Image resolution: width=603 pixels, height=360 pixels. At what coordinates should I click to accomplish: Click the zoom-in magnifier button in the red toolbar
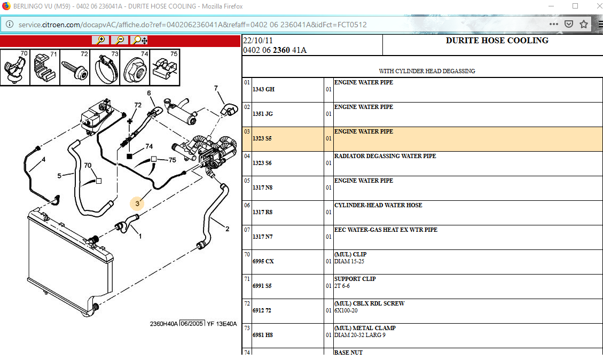[100, 41]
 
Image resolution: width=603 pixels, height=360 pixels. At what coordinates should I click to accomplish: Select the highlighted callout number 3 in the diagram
[137, 203]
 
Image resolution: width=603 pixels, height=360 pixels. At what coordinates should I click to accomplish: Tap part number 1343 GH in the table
[263, 89]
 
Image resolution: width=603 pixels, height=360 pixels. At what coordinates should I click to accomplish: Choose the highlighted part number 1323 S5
[262, 138]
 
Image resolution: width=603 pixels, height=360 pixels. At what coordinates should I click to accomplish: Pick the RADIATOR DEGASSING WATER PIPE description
[385, 156]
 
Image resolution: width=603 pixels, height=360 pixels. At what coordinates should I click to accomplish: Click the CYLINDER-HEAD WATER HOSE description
[378, 205]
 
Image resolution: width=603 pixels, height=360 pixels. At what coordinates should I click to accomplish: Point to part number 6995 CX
[263, 261]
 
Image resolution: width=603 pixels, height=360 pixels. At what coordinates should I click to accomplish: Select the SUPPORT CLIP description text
[355, 279]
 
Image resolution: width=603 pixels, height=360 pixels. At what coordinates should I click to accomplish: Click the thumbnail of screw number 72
[75, 68]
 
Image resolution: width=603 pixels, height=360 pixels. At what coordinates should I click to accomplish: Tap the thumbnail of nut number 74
[135, 68]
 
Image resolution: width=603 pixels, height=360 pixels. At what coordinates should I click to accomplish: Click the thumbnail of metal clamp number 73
[105, 68]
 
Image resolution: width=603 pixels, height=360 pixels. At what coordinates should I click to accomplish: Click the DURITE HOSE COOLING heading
[497, 41]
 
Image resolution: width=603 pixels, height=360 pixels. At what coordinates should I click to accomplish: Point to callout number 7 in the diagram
[216, 88]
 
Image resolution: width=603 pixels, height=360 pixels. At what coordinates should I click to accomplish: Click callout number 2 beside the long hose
[227, 229]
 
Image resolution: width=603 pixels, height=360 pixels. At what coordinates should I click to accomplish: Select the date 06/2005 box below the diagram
[192, 324]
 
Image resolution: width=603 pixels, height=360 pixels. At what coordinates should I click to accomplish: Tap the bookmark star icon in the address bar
[584, 24]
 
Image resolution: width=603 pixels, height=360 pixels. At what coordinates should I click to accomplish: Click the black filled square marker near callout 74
[129, 156]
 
